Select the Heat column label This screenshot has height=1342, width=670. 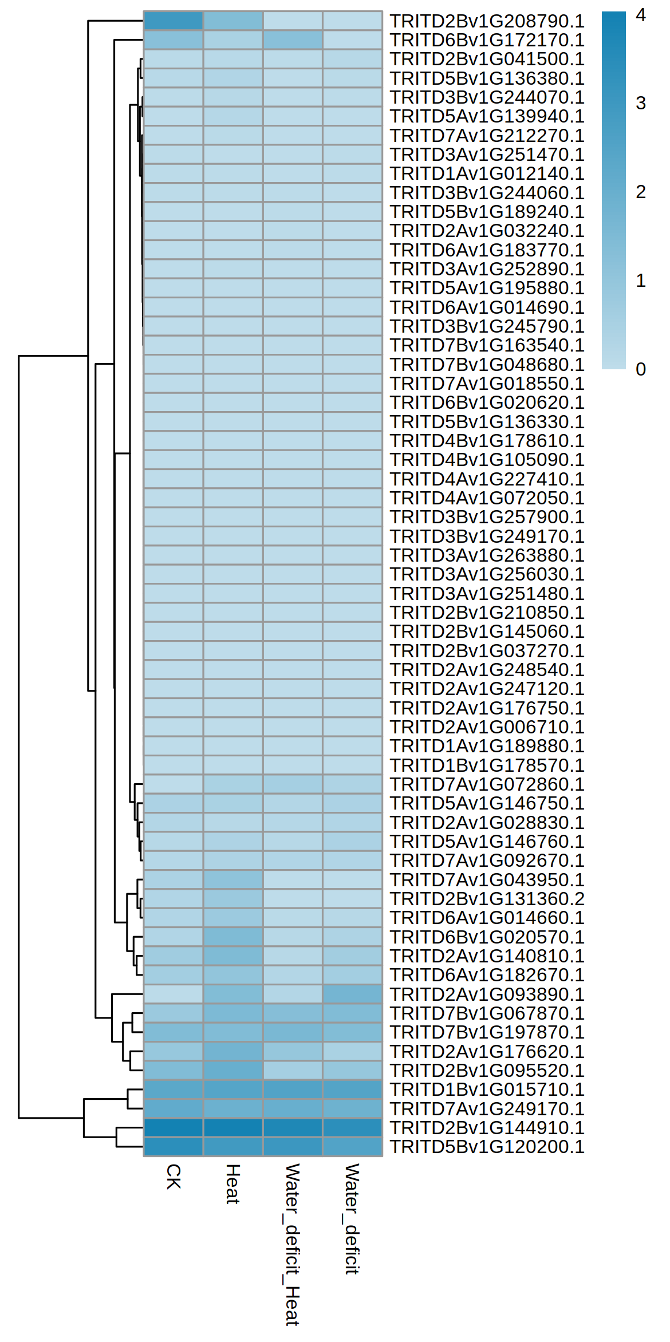[x=232, y=1184]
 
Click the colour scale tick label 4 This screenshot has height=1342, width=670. [x=641, y=15]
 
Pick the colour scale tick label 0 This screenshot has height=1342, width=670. [x=641, y=369]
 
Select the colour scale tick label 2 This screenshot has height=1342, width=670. [x=641, y=192]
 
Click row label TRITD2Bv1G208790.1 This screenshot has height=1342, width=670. [x=487, y=21]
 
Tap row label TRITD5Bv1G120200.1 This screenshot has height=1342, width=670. [x=487, y=1147]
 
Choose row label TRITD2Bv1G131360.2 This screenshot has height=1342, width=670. [x=487, y=899]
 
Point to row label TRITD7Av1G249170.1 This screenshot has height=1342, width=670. [x=487, y=1109]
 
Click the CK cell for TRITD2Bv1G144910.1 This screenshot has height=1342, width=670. [x=174, y=1128]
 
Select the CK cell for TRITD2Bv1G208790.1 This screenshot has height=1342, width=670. [x=174, y=21]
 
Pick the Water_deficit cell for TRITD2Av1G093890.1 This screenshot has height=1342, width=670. [x=352, y=994]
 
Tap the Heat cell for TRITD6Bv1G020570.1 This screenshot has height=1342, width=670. [x=233, y=937]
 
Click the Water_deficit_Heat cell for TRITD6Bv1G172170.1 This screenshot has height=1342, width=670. [x=293, y=40]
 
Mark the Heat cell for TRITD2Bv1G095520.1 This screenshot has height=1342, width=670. [x=233, y=1071]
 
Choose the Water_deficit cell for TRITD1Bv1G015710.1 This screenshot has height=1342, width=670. [x=352, y=1090]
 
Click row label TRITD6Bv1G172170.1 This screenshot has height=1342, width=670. [x=487, y=40]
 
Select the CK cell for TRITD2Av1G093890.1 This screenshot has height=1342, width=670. [x=174, y=994]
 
